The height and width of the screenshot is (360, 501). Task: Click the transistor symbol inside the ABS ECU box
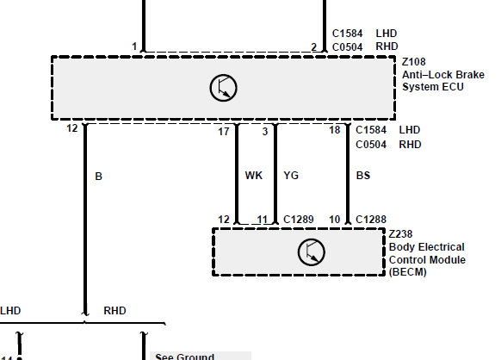[223, 88]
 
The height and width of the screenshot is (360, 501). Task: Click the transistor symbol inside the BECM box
[312, 252]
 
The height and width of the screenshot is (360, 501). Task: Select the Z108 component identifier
[413, 62]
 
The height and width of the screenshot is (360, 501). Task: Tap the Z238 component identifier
[400, 234]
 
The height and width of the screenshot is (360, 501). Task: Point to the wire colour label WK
[254, 175]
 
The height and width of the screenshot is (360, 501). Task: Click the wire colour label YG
[291, 175]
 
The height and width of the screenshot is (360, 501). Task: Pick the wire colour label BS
[363, 175]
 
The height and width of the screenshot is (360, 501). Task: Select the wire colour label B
[98, 177]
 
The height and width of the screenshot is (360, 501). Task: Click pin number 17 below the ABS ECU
[224, 132]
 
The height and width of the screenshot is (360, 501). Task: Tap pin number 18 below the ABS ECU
[335, 130]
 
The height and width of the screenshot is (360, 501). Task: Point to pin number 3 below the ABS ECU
[265, 132]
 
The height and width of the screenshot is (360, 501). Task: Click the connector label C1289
[299, 220]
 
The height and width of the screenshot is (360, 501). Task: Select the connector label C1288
[371, 220]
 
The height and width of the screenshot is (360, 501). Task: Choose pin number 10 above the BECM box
[335, 220]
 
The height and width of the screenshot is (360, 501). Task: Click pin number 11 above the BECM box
[263, 220]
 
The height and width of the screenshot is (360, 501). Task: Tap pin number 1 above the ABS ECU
[134, 47]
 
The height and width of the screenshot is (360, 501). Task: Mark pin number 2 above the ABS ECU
[313, 47]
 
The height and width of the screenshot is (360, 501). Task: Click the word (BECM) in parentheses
[408, 272]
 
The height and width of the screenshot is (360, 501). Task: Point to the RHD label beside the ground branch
[114, 310]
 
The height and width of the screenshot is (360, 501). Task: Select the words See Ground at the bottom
[184, 357]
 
